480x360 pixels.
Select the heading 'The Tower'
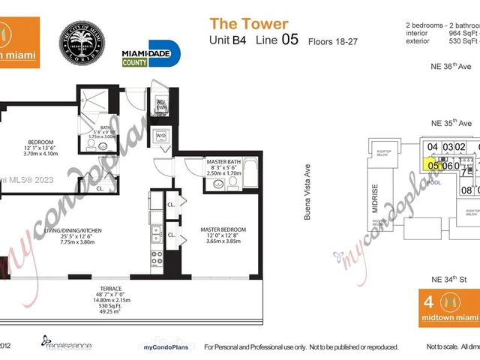[248, 25]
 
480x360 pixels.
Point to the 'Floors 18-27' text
[332, 43]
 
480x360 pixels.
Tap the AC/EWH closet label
[160, 106]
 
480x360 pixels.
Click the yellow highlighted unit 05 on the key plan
[432, 165]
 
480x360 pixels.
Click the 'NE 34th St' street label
[448, 279]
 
